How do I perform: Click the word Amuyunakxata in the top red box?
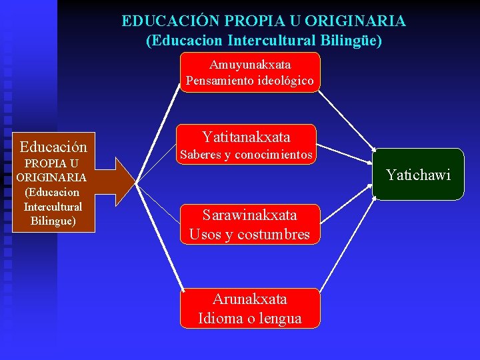coord(250,65)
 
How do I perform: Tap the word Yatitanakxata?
coord(247,137)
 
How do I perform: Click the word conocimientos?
coord(275,155)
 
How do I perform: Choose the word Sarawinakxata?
coord(250,215)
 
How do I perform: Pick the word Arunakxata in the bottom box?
coord(250,299)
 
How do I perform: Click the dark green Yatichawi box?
coord(417,175)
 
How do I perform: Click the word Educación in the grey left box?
coord(53,147)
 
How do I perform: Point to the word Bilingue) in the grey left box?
coord(53,221)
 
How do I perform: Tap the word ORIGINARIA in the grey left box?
coord(52,177)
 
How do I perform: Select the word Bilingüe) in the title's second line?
coord(351,41)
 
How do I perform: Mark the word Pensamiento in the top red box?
coord(215,81)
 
